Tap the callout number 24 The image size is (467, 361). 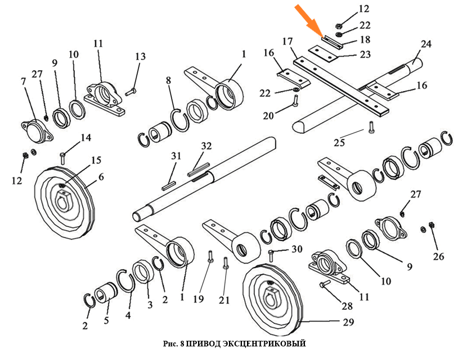coord(426,44)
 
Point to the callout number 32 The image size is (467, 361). coord(206,146)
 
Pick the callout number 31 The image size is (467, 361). coord(177,156)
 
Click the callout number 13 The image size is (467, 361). coord(140,57)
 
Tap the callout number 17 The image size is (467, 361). coord(288,42)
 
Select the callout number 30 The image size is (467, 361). coord(297,249)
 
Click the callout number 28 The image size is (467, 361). coord(346,307)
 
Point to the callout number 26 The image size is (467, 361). coord(438,257)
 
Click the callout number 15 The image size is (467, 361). coord(96,161)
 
